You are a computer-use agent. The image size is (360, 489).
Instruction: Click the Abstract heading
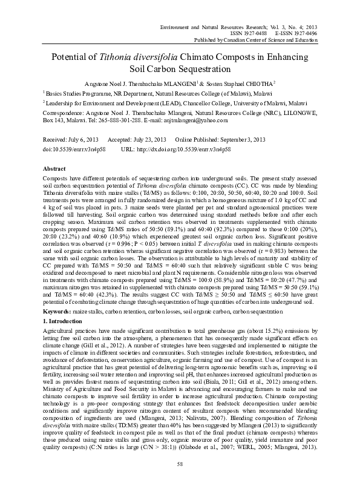(54, 168)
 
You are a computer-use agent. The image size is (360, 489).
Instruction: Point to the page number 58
(180, 464)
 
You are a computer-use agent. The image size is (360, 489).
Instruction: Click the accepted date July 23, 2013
(147, 139)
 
